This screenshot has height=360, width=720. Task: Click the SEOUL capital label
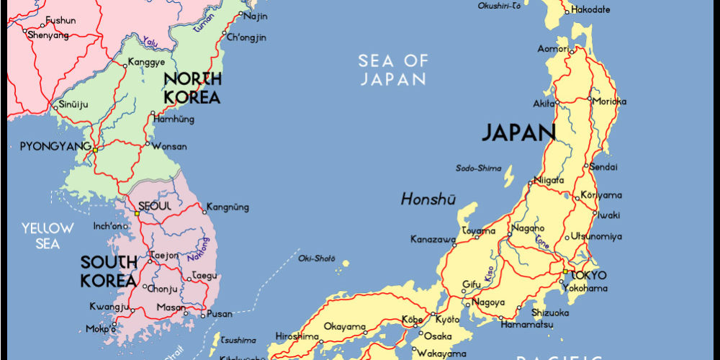pyautogui.click(x=155, y=206)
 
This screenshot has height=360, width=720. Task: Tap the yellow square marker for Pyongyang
pyautogui.click(x=94, y=149)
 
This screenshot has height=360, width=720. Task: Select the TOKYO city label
pyautogui.click(x=588, y=275)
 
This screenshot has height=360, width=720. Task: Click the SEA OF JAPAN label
pyautogui.click(x=393, y=70)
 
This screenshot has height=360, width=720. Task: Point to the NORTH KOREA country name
pyautogui.click(x=191, y=88)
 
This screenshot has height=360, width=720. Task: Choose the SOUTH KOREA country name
pyautogui.click(x=108, y=271)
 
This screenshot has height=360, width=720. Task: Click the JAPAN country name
pyautogui.click(x=518, y=132)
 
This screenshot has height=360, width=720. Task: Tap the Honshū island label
pyautogui.click(x=428, y=199)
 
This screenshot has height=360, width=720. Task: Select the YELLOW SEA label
pyautogui.click(x=48, y=236)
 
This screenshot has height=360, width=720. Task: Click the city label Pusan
pyautogui.click(x=220, y=314)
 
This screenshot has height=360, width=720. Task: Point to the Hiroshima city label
pyautogui.click(x=297, y=336)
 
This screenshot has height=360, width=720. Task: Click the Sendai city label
pyautogui.click(x=603, y=167)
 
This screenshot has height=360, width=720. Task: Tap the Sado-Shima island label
pyautogui.click(x=478, y=168)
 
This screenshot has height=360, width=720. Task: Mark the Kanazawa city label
pyautogui.click(x=433, y=239)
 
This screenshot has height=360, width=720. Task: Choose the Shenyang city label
pyautogui.click(x=48, y=35)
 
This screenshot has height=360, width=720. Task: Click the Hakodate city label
pyautogui.click(x=590, y=10)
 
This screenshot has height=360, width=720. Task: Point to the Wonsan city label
pyautogui.click(x=170, y=146)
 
